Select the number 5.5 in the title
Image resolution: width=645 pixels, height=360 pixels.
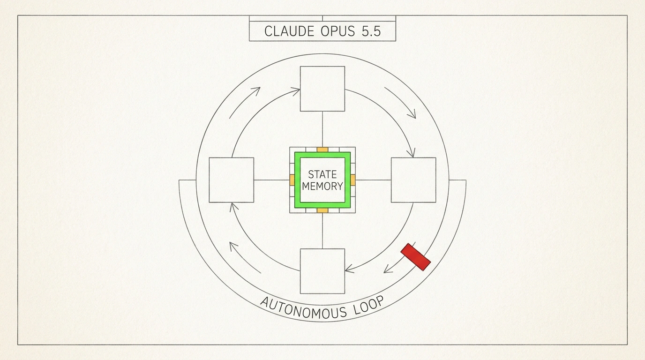click(371, 31)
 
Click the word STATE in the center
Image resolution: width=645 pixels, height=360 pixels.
click(322, 174)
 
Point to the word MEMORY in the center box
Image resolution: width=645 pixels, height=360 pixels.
click(322, 187)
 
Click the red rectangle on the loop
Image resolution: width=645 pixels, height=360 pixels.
click(415, 257)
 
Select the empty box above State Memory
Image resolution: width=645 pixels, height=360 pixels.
click(322, 89)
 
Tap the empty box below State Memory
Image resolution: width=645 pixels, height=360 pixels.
click(322, 271)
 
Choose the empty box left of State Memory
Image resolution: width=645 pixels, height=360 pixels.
click(232, 180)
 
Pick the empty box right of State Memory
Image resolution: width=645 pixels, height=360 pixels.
click(413, 180)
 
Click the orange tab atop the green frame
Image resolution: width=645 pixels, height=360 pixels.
click(322, 150)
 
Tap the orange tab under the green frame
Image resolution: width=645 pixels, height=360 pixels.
click(322, 210)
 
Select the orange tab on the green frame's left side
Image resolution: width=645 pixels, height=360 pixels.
click(292, 180)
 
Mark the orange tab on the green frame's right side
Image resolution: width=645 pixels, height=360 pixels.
click(353, 180)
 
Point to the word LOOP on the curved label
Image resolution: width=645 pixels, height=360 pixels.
click(369, 305)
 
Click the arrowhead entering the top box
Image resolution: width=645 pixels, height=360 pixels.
click(296, 91)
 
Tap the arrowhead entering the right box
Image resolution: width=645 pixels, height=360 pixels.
click(412, 153)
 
